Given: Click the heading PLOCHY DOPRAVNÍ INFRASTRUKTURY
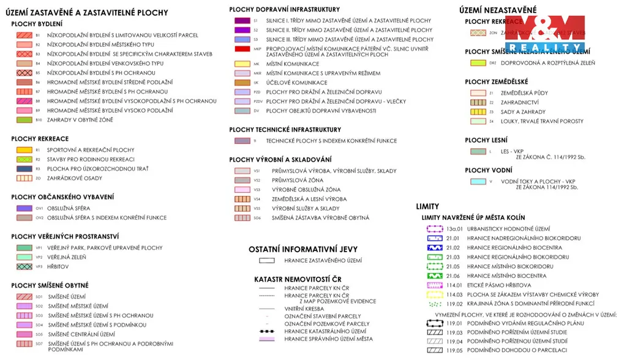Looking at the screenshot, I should [x=284, y=10].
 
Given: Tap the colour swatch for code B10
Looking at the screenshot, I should [x=24, y=120].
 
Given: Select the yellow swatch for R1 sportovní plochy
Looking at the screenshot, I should [x=24, y=150].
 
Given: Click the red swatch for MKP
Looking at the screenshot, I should [x=242, y=49].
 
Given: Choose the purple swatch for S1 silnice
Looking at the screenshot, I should [x=242, y=21].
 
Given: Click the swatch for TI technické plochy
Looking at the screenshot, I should [x=242, y=141].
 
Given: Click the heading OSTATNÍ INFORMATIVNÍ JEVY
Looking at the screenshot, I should [x=303, y=250].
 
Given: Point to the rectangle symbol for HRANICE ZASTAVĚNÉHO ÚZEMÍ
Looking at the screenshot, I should [x=266, y=261].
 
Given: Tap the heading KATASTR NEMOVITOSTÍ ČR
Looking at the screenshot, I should [x=298, y=279].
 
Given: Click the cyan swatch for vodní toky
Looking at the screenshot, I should [x=478, y=182].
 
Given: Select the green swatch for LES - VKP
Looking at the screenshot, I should [x=478, y=151].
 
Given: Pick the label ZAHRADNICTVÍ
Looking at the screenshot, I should [x=519, y=103].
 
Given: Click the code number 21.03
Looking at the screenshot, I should [x=453, y=257].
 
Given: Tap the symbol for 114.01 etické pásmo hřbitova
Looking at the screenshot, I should [x=434, y=285].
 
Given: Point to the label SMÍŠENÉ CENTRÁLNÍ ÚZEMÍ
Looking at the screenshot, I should [x=81, y=334].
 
